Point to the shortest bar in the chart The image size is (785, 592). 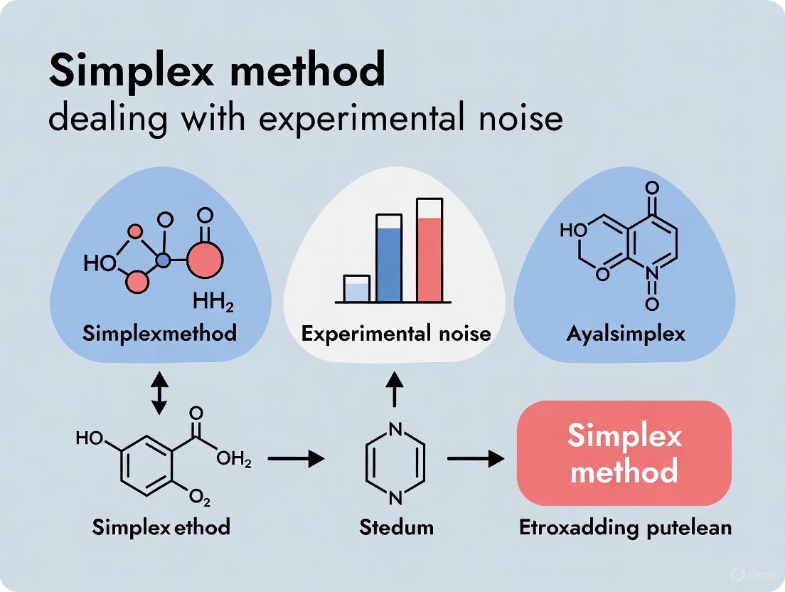tap(356, 289)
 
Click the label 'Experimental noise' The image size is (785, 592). tap(396, 333)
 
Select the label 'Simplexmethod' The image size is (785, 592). tap(159, 333)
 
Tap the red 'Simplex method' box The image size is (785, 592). tap(624, 453)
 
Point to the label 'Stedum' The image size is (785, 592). tap(396, 528)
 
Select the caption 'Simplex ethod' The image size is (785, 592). tap(161, 528)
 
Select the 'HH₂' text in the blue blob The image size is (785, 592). tap(214, 305)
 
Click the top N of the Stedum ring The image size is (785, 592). tap(396, 429)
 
